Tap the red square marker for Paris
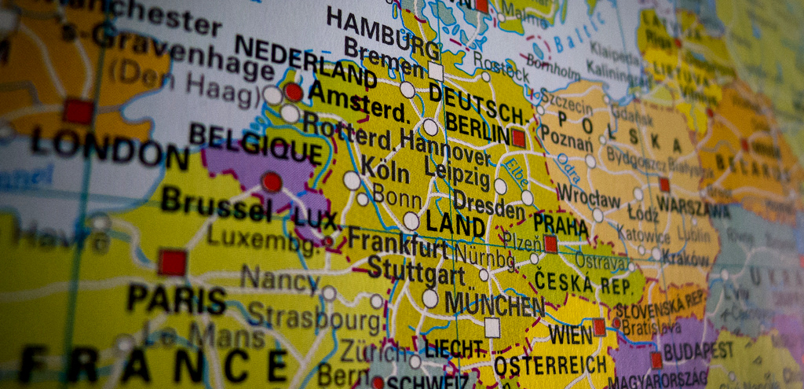[172, 262]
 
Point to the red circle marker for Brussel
[272, 182]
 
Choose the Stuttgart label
[415, 271]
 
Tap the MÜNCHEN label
[494, 303]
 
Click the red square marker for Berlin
[518, 138]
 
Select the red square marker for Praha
[550, 244]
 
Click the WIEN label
[570, 335]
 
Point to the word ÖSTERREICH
[550, 365]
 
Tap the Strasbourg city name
[315, 317]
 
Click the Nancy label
[279, 278]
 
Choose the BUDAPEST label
[698, 350]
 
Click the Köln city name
[384, 172]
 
